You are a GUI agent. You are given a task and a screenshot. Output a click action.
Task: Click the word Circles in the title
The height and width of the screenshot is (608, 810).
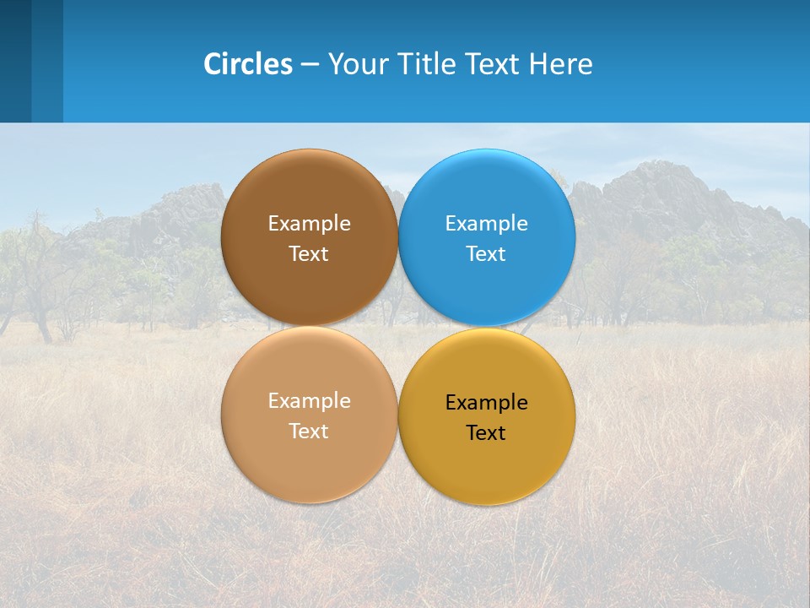click(247, 64)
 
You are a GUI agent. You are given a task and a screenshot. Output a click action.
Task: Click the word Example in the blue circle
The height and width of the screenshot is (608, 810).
click(487, 224)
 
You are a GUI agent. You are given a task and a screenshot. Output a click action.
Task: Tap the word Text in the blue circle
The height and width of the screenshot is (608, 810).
click(486, 254)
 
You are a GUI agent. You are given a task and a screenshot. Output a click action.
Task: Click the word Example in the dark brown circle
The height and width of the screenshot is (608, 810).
click(309, 224)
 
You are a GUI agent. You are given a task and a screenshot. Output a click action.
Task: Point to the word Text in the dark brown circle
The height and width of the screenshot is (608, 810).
click(309, 254)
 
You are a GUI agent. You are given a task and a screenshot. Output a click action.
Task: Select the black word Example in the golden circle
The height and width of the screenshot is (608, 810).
click(487, 403)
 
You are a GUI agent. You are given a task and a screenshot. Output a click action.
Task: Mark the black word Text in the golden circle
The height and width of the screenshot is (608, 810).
click(486, 433)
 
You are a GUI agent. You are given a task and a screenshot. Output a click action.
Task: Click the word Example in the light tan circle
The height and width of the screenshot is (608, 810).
click(309, 401)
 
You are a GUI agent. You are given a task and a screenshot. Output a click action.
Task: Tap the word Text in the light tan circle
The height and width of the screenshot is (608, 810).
click(309, 432)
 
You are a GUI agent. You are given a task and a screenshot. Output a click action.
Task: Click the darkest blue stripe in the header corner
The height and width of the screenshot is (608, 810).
click(15, 61)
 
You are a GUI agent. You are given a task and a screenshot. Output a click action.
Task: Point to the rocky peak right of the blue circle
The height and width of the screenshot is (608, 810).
click(650, 182)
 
